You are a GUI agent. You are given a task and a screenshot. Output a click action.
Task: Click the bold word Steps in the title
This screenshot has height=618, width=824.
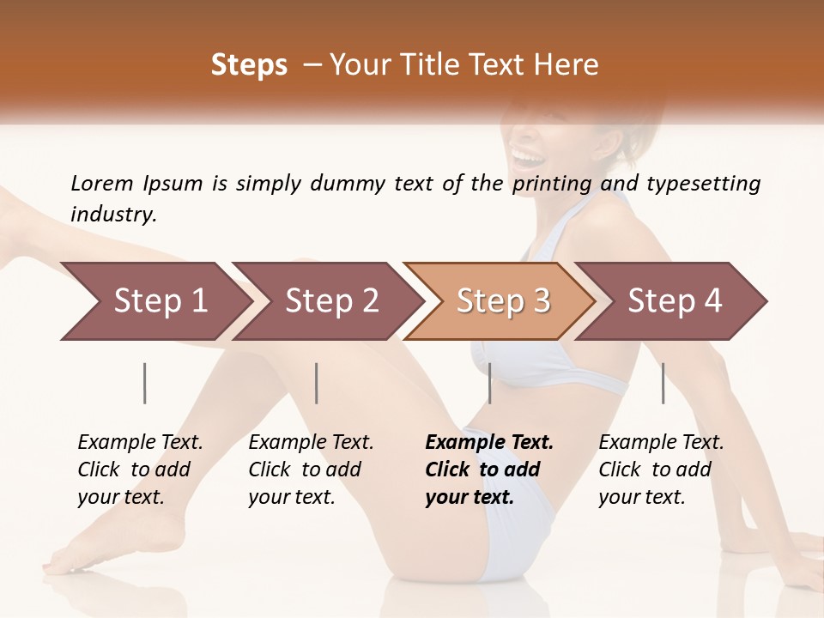click(x=249, y=65)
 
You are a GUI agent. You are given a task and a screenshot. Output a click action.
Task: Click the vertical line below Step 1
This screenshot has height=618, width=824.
click(x=145, y=383)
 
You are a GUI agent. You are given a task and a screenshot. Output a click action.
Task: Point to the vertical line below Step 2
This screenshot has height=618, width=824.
click(x=317, y=383)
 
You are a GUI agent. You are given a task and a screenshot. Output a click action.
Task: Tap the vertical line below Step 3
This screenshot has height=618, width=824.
click(x=490, y=383)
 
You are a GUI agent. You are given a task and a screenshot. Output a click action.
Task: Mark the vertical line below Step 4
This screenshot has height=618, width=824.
click(x=663, y=383)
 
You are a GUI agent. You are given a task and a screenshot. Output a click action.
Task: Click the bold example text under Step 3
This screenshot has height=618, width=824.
click(x=489, y=470)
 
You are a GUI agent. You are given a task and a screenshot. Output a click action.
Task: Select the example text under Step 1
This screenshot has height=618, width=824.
click(x=140, y=470)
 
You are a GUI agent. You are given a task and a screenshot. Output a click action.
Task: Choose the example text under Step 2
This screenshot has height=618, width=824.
click(x=311, y=470)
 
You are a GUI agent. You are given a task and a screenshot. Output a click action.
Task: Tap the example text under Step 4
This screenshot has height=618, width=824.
click(x=661, y=470)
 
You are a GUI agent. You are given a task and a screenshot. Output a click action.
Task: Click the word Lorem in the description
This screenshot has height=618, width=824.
click(x=101, y=184)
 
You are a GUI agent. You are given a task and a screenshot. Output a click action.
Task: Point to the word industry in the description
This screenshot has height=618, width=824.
click(x=113, y=215)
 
